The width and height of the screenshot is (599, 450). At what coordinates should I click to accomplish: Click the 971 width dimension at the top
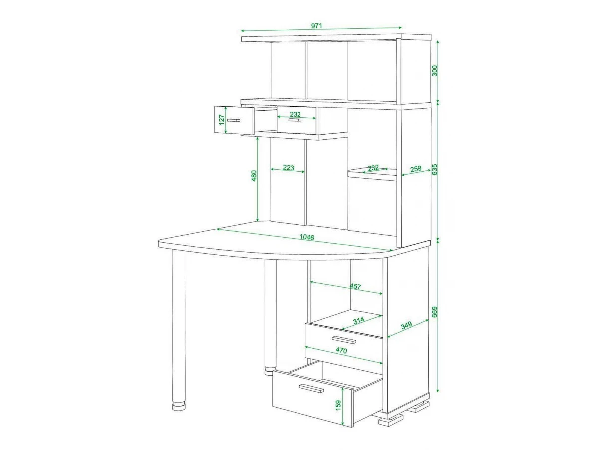tap(316, 26)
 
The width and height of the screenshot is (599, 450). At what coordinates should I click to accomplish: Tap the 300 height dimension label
tap(434, 71)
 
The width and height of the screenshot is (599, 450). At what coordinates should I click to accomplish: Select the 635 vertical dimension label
tap(434, 169)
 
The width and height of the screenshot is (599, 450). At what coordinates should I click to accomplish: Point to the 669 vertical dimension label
tap(434, 312)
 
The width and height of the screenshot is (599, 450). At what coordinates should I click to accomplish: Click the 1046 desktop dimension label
tap(307, 237)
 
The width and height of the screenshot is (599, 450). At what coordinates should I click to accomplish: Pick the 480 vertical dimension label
tap(254, 176)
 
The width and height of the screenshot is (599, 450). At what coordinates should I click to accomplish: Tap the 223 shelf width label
tap(288, 167)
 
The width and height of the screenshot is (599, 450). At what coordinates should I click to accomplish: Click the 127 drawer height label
tap(221, 120)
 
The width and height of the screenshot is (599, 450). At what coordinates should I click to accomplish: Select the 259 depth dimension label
tap(416, 169)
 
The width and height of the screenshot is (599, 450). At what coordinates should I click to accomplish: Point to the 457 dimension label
tap(355, 286)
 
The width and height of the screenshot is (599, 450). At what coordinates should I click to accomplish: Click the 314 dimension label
tap(359, 320)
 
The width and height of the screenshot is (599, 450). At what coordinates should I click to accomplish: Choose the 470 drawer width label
tap(341, 350)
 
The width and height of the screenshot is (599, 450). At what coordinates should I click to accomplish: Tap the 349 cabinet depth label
tap(406, 325)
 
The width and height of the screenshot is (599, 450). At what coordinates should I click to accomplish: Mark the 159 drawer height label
tap(338, 405)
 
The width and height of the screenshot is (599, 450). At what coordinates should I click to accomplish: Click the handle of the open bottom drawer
tap(311, 388)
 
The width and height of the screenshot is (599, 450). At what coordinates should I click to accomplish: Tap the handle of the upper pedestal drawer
tap(344, 340)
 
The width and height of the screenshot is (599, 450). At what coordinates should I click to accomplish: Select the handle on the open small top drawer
tap(234, 120)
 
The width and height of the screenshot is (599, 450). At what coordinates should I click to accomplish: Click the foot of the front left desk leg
tap(179, 406)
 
